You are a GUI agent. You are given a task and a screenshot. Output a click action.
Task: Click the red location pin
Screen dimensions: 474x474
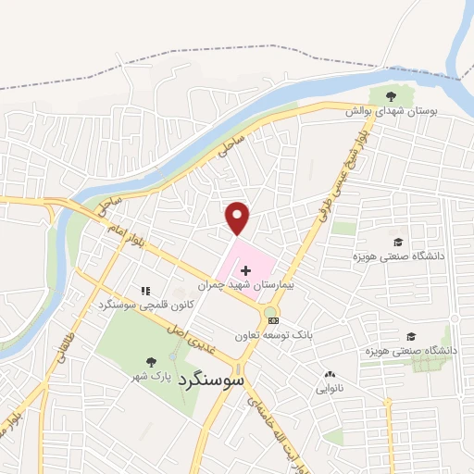pyautogui.click(x=238, y=217)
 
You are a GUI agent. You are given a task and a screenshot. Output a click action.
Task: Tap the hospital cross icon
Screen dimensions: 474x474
pyautogui.click(x=245, y=268)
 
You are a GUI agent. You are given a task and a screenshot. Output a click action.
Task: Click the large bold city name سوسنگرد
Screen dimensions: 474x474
pyautogui.click(x=212, y=379)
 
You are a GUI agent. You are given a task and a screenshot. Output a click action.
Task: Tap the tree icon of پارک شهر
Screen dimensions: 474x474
pyautogui.click(x=152, y=361)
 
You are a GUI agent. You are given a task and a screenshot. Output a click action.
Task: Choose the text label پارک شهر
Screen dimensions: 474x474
pyautogui.click(x=150, y=377)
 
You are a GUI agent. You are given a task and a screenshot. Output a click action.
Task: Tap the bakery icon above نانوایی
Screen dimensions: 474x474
pyautogui.click(x=331, y=375)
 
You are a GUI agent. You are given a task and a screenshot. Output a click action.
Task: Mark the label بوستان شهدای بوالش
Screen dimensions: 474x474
pyautogui.click(x=391, y=111)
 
